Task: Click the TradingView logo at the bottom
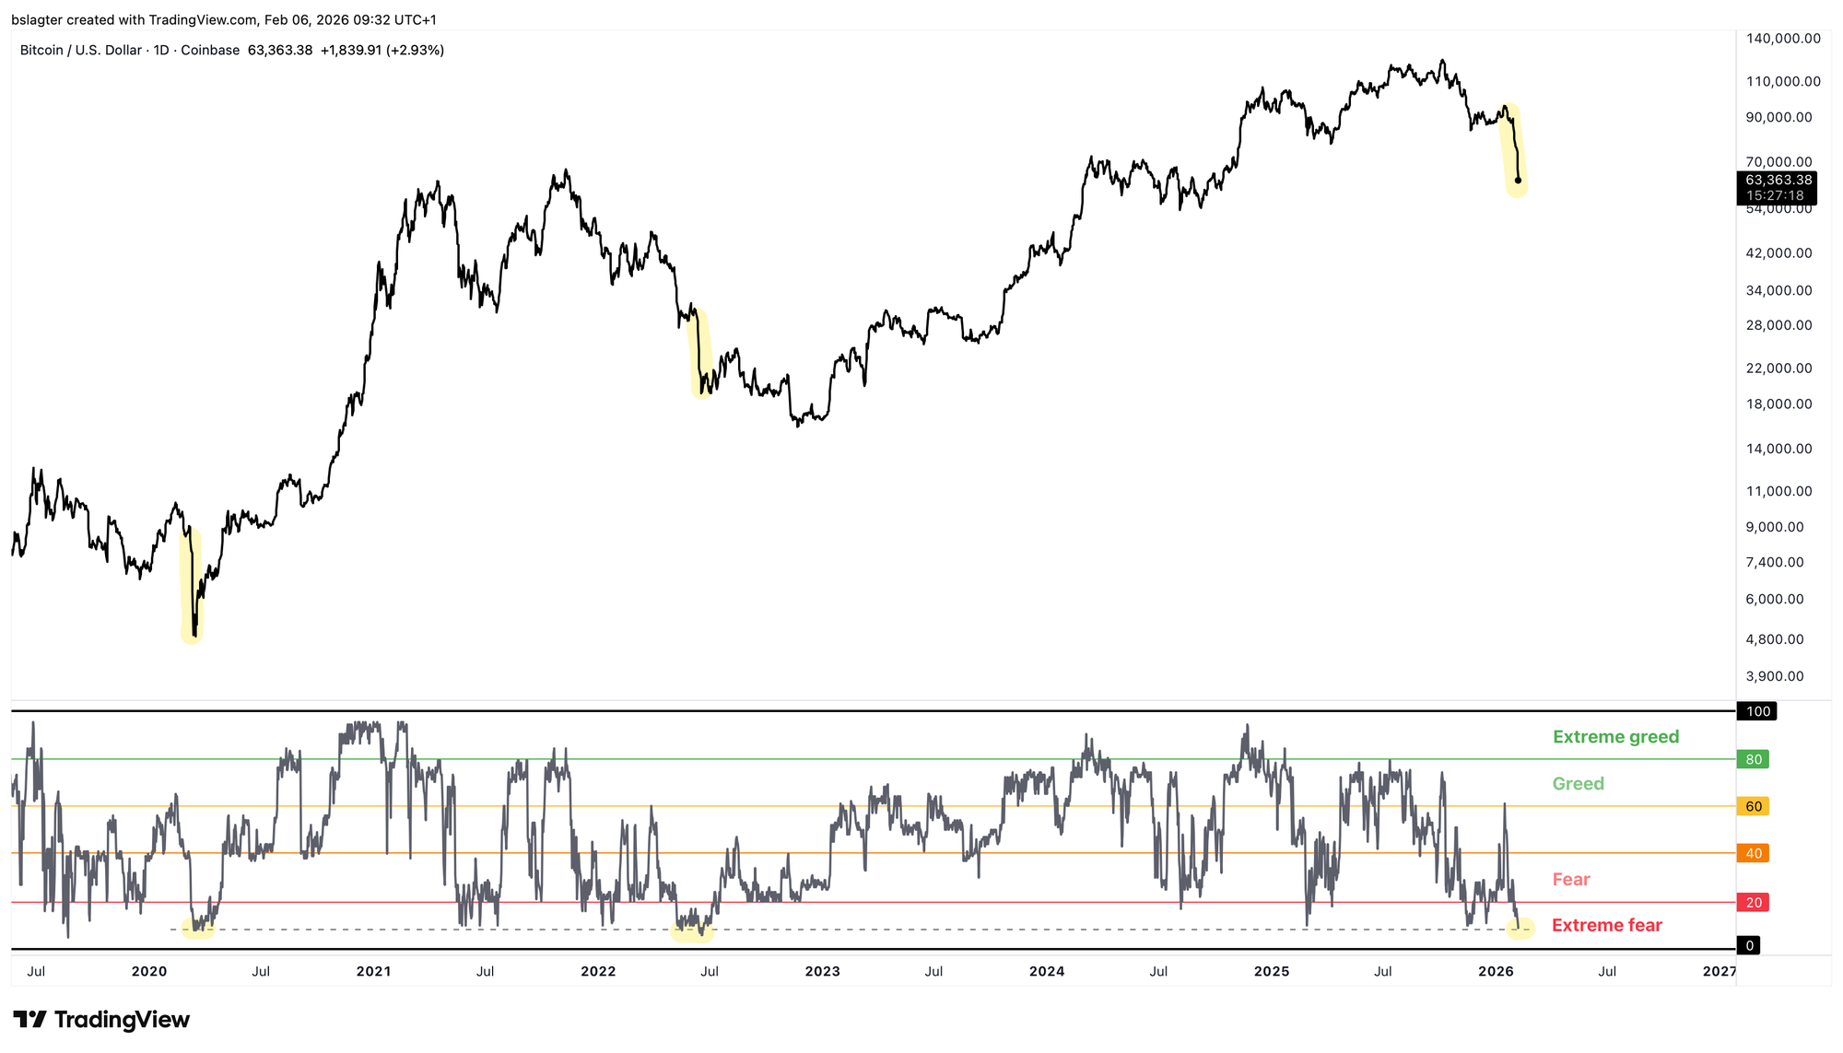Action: click(x=101, y=1020)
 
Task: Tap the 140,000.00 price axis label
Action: click(x=1783, y=39)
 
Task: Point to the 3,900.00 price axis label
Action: click(x=1775, y=676)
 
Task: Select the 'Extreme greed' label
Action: click(x=1615, y=737)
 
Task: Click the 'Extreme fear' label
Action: click(x=1606, y=926)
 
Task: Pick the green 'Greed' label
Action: click(x=1578, y=784)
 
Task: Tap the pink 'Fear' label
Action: click(x=1570, y=880)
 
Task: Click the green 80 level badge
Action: click(x=1753, y=760)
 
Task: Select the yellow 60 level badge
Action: click(x=1753, y=807)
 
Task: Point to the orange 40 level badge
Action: click(x=1753, y=854)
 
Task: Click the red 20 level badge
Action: click(x=1753, y=903)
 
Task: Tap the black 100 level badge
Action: click(x=1757, y=711)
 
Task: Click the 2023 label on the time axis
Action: click(x=822, y=971)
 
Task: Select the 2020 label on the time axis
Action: click(x=149, y=971)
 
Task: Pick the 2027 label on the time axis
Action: click(x=1720, y=971)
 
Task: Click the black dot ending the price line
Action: click(x=1518, y=181)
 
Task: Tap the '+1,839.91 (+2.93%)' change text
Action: click(x=382, y=51)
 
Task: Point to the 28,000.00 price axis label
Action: click(x=1778, y=325)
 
